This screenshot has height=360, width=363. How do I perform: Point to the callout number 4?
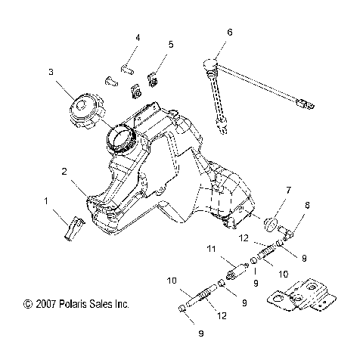(138, 37)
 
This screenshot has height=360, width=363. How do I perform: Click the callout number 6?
(229, 32)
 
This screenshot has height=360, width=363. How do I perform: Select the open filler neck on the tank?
(123, 138)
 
